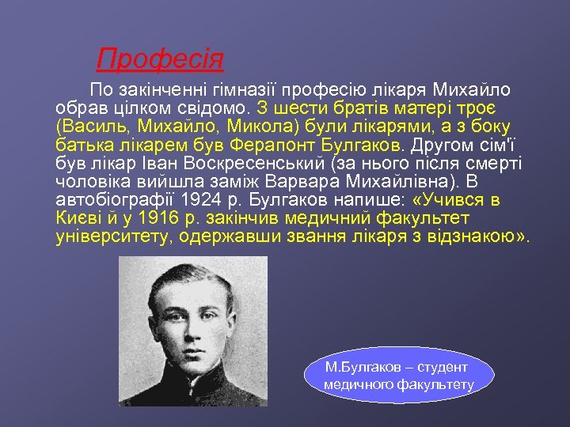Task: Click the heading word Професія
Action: coord(160,59)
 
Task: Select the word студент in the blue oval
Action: coord(443,368)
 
